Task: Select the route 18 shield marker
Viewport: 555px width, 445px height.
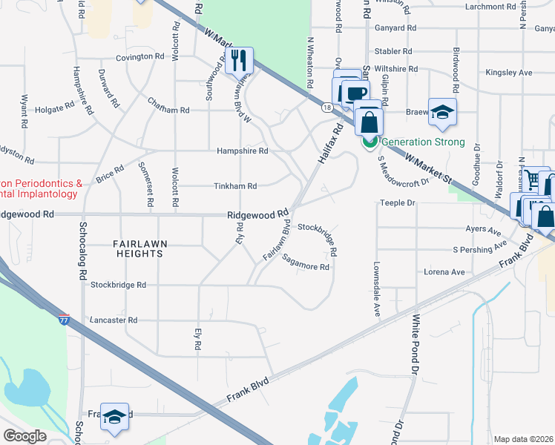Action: (x=326, y=108)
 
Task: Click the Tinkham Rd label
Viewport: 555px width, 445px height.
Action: (x=236, y=186)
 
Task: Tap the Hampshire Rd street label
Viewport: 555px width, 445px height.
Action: (x=242, y=151)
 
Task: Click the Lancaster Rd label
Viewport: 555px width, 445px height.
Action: (x=113, y=320)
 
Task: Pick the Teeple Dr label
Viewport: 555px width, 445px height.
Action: (x=395, y=202)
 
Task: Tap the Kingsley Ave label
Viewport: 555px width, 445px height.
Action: (x=508, y=73)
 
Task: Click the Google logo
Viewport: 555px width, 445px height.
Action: (x=25, y=436)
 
